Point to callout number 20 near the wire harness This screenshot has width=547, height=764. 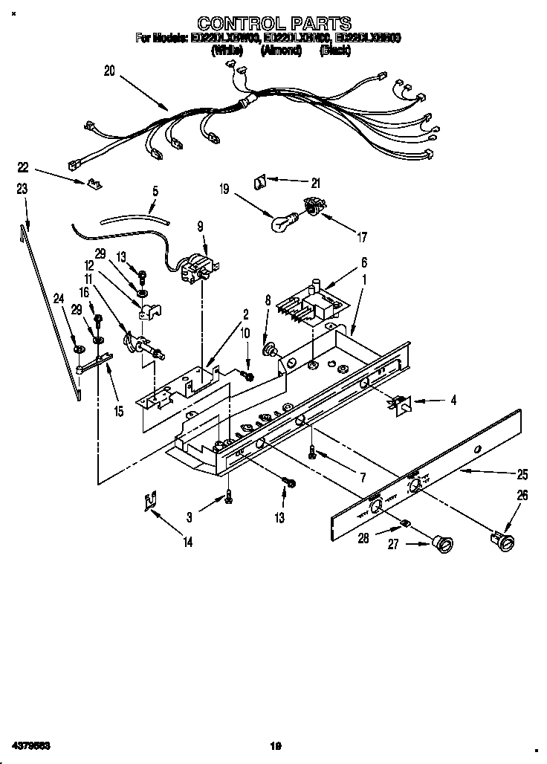point(110,71)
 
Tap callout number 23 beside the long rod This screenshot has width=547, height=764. point(22,190)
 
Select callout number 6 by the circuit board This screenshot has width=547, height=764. point(364,262)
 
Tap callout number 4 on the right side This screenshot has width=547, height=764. point(453,401)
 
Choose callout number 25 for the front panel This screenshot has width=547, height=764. point(522,473)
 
